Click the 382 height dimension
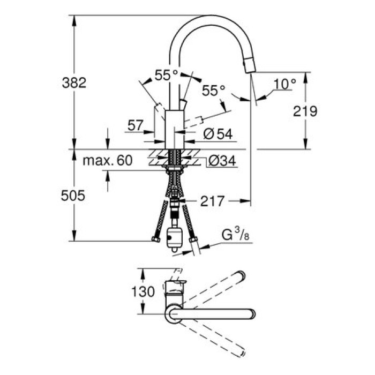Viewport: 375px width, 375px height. coord(74,82)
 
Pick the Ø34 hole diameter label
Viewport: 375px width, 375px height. coord(220,160)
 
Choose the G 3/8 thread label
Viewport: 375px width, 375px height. coord(235,234)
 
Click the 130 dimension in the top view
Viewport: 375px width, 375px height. coord(143,291)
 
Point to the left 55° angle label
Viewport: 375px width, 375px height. coord(167,76)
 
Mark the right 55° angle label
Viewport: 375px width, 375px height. coord(214,91)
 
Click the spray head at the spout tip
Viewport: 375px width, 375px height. coord(249,66)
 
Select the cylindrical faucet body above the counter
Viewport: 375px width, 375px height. coord(174,127)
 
